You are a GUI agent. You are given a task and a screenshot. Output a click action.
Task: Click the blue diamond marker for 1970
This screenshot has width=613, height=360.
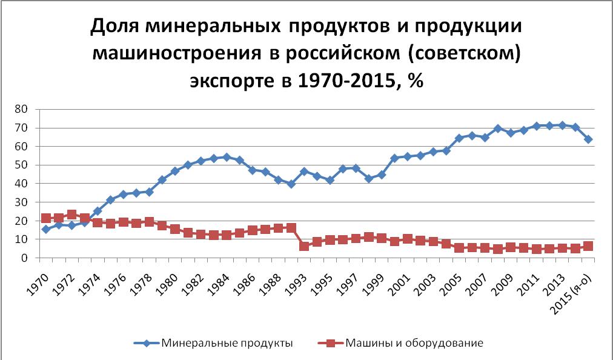(45, 229)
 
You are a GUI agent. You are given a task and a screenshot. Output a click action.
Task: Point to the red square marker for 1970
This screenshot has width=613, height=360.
(45, 218)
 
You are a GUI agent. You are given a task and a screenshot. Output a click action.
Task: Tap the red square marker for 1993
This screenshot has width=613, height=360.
(304, 246)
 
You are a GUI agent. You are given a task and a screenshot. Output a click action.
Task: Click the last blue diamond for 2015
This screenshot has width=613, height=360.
(588, 139)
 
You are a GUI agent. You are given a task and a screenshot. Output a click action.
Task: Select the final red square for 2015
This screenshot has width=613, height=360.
(588, 246)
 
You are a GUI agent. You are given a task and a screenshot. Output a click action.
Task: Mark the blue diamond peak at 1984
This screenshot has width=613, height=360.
(227, 157)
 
